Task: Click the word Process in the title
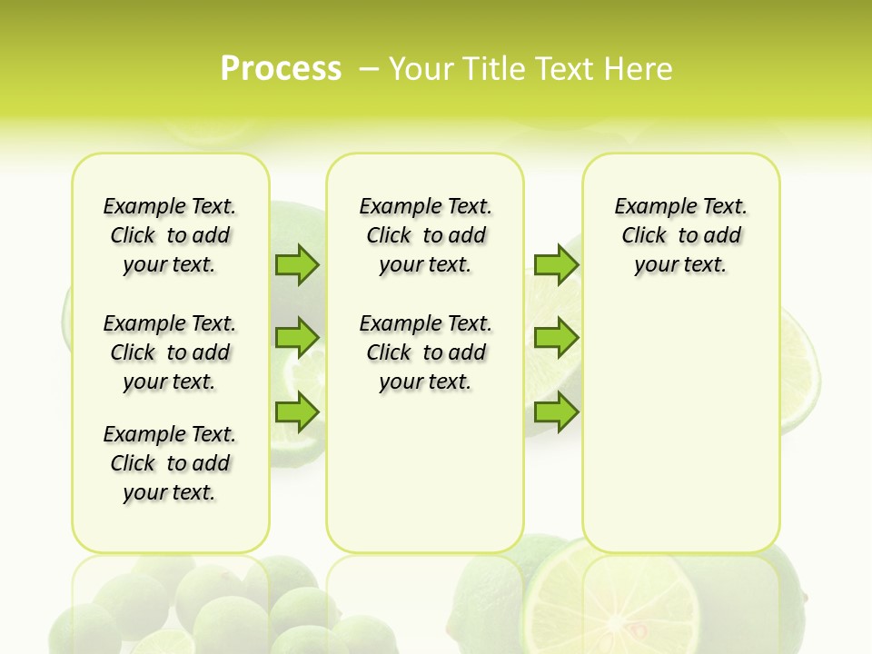pos(281,68)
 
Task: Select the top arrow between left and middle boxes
pos(297,264)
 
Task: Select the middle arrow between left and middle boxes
pos(297,338)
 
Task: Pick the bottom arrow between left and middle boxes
pos(297,412)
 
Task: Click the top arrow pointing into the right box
pos(556,264)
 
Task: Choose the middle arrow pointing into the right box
pos(556,338)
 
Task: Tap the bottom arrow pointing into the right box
pos(556,412)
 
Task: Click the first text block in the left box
pos(170,235)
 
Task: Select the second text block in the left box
pos(170,352)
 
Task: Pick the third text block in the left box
pos(170,463)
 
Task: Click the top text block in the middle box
pos(425,235)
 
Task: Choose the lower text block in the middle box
pos(425,352)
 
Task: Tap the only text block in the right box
pos(680,235)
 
